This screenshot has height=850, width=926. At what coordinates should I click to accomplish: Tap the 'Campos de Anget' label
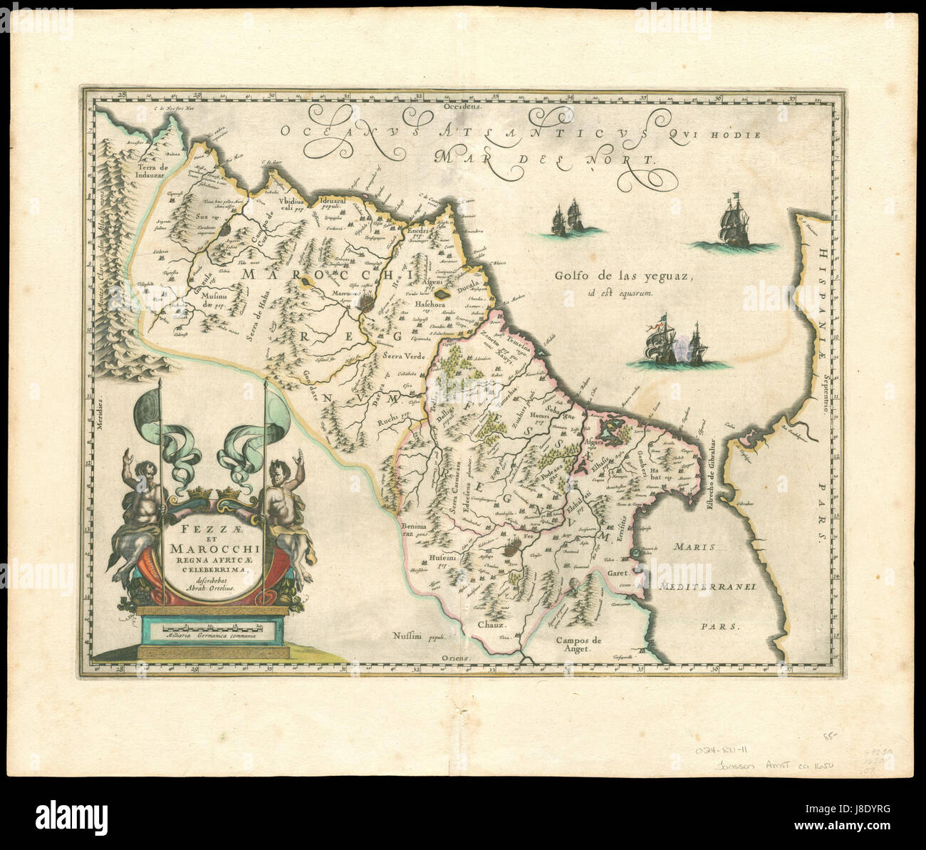[578, 644]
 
